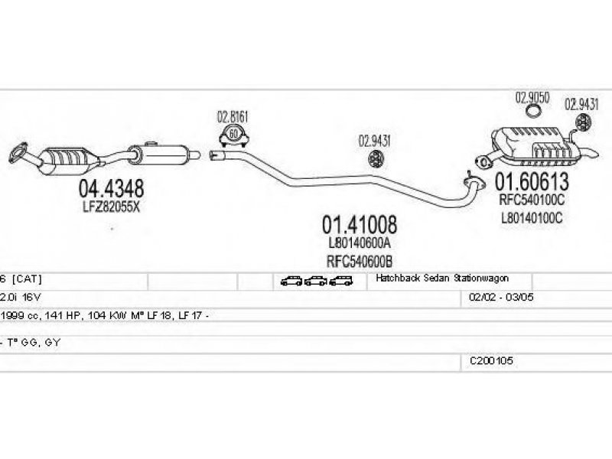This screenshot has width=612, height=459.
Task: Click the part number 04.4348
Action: (x=111, y=189)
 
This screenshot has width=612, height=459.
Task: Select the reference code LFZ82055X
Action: (x=111, y=207)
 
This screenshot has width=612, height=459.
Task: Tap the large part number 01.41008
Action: (x=360, y=225)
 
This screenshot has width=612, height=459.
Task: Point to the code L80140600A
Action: (x=360, y=243)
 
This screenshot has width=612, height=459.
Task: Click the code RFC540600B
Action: (x=360, y=261)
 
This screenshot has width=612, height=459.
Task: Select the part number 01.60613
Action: (x=532, y=181)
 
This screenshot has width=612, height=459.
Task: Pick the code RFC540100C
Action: (x=532, y=200)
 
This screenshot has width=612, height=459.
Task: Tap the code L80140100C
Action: (x=532, y=218)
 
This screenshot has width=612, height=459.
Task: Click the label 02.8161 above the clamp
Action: (x=233, y=117)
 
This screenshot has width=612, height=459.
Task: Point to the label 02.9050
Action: (x=532, y=98)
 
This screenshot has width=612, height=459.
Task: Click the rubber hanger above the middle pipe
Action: (x=376, y=159)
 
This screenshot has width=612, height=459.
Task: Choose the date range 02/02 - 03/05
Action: (x=501, y=298)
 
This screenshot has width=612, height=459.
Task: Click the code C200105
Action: (x=491, y=360)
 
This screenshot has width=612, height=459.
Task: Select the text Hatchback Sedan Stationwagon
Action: (x=442, y=278)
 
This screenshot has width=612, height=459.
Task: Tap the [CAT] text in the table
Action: (x=27, y=279)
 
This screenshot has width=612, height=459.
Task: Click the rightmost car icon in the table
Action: (x=340, y=281)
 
